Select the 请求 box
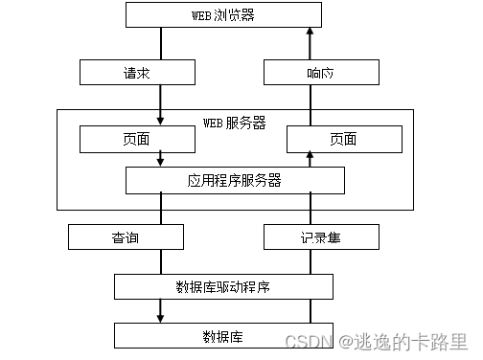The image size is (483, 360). pos(134,72)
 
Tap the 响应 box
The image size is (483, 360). pos(310,72)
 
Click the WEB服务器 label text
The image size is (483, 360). pos(235,124)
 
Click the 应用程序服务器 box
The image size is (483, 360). pos(235,180)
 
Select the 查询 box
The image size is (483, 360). pos(126,236)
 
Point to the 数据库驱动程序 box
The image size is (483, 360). pos(223,286)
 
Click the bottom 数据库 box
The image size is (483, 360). pos(223,335)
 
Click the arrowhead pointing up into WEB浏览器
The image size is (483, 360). pos(310,34)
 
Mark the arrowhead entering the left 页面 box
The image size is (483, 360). pos(160,123)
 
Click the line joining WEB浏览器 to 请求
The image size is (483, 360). pos(160,44)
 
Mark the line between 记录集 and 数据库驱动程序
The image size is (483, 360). pos(310,261)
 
